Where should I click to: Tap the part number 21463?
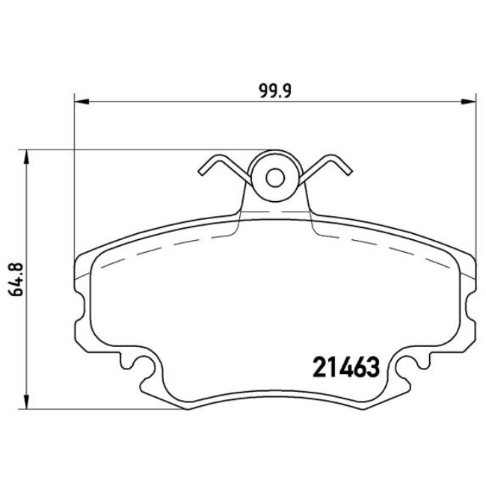tap(345, 367)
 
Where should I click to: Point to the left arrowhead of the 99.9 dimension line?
tap(79, 99)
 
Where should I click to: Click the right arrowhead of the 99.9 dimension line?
tap(470, 99)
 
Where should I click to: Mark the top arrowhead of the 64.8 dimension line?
tap(28, 156)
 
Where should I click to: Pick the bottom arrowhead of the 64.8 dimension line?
tap(28, 403)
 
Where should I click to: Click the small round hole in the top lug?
tap(275, 178)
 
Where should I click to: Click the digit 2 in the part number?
tap(317, 367)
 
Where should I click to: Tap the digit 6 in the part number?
tap(360, 367)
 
